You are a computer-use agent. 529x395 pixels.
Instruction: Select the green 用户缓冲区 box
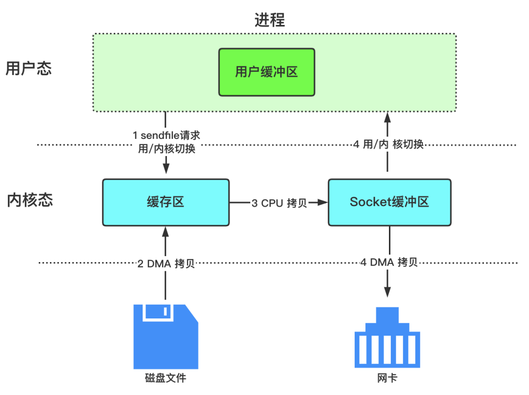coord(266,72)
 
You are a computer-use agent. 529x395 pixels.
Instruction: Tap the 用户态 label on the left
coord(28,69)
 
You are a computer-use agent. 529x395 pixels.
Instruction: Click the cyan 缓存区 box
coord(166,202)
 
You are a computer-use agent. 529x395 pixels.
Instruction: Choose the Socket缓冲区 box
coord(389,202)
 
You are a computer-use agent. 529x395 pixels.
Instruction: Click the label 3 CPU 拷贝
coord(279,203)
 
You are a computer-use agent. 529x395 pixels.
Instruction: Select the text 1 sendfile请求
coord(166,135)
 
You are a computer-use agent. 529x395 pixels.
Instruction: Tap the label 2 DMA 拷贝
coord(166,263)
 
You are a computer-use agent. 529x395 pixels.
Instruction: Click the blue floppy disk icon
coord(166,336)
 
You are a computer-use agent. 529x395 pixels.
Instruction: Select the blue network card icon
coord(387,339)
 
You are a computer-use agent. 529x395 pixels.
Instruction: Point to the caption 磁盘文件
coord(166,378)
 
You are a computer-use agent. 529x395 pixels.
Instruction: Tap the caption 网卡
coord(387,379)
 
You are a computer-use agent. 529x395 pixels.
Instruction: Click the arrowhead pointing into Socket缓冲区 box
coord(323,202)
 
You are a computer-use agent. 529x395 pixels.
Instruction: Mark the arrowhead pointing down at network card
coord(388,292)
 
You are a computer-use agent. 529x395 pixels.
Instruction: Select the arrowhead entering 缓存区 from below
coord(166,231)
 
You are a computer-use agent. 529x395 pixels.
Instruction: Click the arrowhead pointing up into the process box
coord(388,117)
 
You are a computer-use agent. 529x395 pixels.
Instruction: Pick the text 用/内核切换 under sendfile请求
coord(167,149)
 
